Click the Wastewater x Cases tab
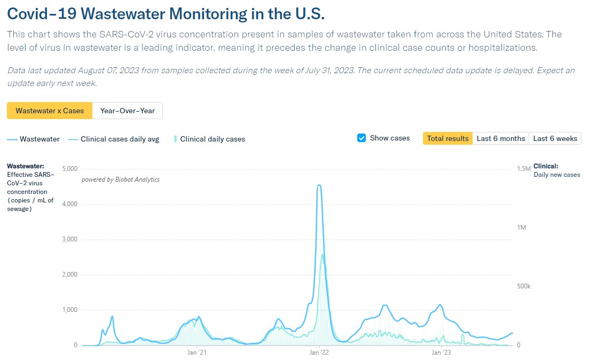(50, 111)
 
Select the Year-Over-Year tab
(127, 111)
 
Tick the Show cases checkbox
(362, 138)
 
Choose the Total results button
(447, 138)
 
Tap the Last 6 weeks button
(555, 138)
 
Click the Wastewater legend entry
(34, 139)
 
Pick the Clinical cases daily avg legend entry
(114, 139)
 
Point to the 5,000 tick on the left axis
(70, 169)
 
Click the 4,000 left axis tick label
(70, 204)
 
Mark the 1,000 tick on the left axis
(70, 310)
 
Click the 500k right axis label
(524, 286)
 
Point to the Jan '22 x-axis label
(319, 353)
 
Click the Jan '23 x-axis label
(440, 353)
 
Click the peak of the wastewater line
(319, 185)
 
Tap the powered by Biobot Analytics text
(120, 179)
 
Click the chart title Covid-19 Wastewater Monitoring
(166, 13)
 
